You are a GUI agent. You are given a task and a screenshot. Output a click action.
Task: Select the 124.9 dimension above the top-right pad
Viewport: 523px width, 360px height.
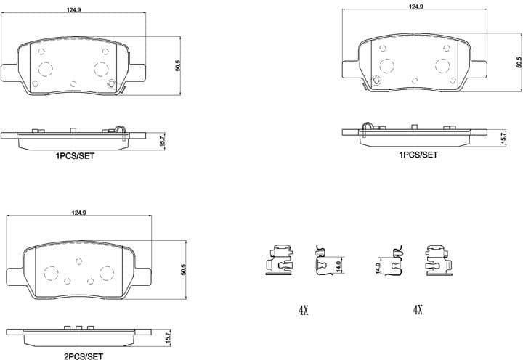416,7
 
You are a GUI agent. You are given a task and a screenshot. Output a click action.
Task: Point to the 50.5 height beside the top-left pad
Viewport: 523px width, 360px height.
177,65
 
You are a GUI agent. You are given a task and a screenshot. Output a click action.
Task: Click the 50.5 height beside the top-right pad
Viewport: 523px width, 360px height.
519,63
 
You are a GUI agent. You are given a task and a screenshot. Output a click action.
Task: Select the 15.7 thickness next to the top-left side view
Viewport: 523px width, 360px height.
162,139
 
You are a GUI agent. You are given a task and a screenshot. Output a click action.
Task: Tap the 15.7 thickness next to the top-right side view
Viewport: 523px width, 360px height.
503,136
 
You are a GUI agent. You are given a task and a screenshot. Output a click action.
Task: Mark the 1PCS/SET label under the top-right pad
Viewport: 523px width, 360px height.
418,155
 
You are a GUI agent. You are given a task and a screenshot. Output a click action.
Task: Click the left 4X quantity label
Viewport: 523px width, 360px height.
304,310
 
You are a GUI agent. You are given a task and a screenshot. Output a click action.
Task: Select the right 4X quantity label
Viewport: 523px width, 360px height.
418,310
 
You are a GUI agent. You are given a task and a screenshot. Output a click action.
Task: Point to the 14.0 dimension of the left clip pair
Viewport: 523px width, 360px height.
338,266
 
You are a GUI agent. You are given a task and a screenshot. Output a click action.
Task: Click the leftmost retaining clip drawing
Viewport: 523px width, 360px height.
279,259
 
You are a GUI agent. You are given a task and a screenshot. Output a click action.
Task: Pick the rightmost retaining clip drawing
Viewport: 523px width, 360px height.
439,259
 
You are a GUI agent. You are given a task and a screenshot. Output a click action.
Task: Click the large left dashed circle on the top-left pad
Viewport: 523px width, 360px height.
45,70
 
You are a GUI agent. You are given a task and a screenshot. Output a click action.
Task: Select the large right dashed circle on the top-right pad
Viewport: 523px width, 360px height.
443,67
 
